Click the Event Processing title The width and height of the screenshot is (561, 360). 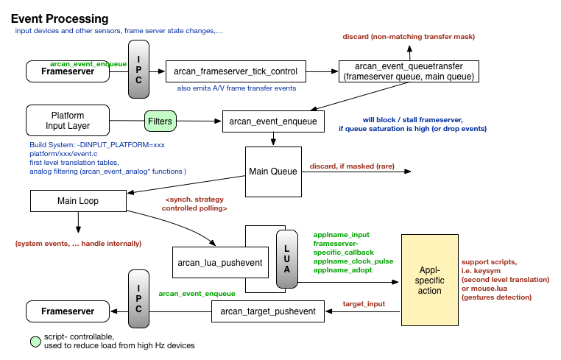[60, 18]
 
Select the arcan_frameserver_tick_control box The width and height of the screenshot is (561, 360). [236, 71]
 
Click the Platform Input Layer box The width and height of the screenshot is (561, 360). [67, 121]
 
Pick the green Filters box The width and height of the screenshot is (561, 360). [160, 121]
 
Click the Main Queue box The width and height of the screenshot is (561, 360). [272, 172]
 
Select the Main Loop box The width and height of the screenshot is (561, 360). [77, 200]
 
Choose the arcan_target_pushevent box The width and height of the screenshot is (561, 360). [267, 311]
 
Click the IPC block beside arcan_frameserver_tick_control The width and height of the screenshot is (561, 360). [138, 71]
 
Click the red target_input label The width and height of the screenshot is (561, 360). [363, 303]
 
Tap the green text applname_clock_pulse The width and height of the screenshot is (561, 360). [353, 261]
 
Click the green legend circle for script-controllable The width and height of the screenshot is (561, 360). [35, 341]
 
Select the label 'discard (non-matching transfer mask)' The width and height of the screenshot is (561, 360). [409, 37]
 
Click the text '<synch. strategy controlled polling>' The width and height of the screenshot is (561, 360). [194, 204]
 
